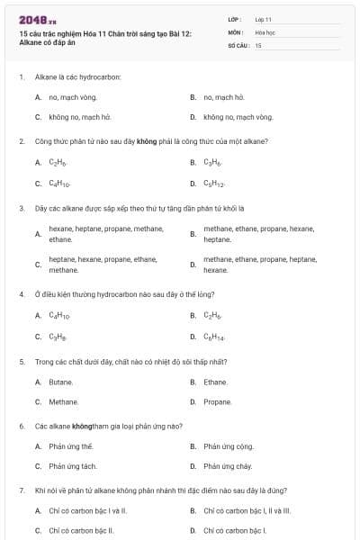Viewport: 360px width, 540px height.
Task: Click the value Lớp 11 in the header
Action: (263, 19)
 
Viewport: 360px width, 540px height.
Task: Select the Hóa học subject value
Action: (265, 31)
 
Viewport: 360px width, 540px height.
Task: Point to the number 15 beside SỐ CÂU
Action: (258, 44)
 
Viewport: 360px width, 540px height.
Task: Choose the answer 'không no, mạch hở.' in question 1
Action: (79, 117)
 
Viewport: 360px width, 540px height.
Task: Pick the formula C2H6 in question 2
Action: (58, 163)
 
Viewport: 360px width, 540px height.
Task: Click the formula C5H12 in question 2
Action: (214, 184)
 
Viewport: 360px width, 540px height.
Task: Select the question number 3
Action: (21, 208)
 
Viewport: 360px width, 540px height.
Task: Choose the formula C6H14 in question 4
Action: (214, 337)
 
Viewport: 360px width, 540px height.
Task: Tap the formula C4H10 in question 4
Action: (59, 316)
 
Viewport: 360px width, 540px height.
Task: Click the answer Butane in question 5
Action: (61, 382)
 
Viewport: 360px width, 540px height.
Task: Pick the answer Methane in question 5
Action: (64, 402)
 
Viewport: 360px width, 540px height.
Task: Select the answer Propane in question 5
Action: (218, 402)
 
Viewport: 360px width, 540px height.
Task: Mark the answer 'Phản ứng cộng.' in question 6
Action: (229, 446)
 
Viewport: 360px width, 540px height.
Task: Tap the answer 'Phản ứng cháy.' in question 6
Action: (228, 466)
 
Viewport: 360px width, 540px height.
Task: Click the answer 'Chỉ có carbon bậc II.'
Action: (81, 531)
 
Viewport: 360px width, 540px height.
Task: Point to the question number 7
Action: (21, 490)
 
